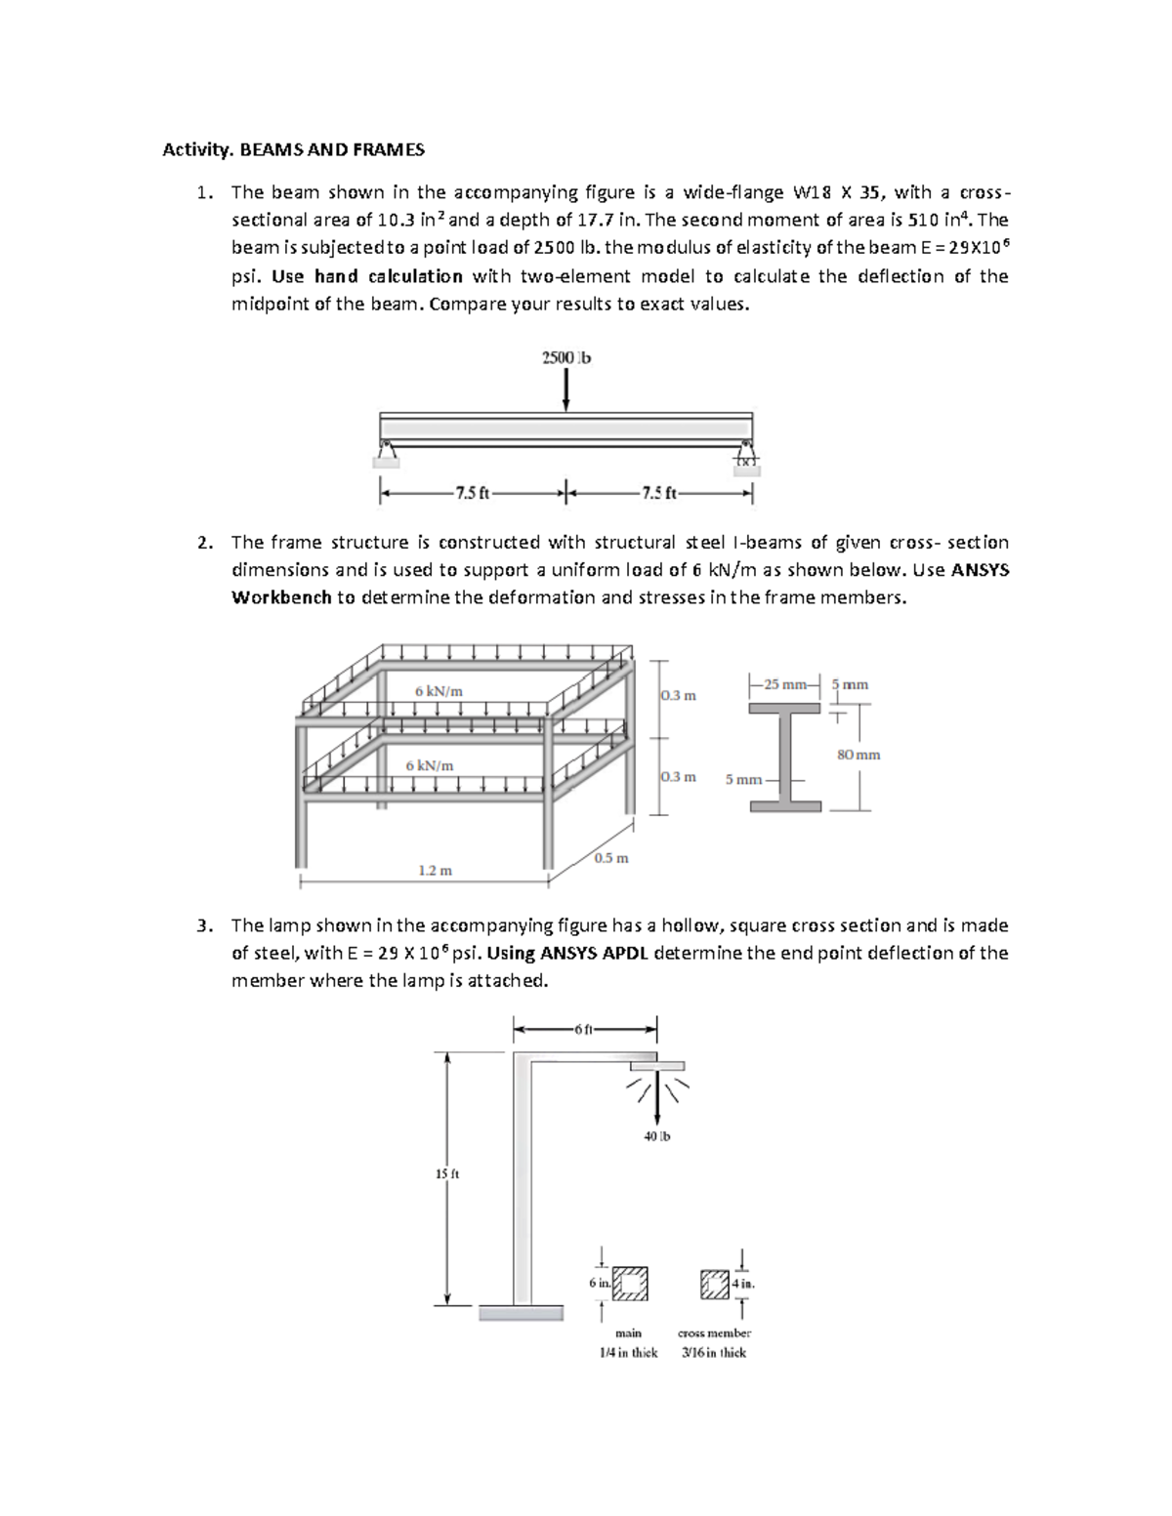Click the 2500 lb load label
[565, 357]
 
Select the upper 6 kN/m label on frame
[439, 690]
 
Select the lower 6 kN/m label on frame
[429, 765]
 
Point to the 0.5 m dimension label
[610, 858]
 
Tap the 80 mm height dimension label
[858, 754]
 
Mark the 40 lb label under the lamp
[657, 1136]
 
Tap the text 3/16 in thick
[714, 1352]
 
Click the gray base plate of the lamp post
[520, 1313]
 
